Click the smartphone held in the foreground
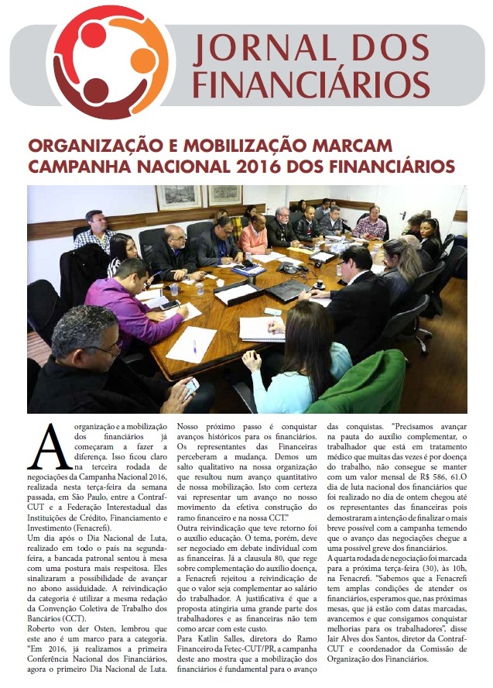click(x=191, y=385)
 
